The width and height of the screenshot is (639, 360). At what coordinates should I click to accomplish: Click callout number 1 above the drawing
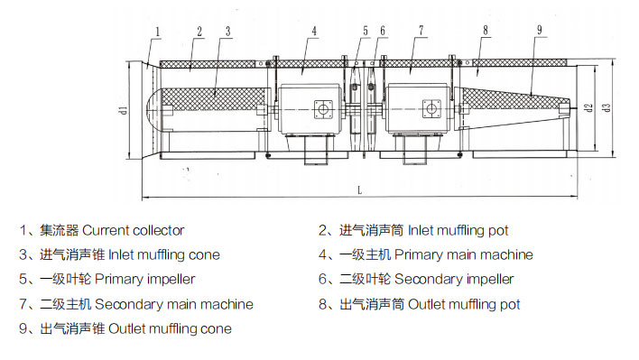(158, 32)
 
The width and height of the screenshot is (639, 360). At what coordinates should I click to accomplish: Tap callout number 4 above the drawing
(314, 31)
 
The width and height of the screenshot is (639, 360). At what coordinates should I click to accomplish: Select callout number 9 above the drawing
(540, 30)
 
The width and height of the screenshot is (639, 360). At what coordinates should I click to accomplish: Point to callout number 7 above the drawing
(421, 30)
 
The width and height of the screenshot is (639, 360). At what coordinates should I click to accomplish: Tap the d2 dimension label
(588, 108)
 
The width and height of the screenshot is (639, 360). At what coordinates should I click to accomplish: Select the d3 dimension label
(607, 108)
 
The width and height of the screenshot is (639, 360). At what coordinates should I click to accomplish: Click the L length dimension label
(359, 190)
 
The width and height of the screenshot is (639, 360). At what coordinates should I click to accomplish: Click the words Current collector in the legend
(134, 230)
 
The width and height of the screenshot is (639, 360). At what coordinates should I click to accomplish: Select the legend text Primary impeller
(145, 280)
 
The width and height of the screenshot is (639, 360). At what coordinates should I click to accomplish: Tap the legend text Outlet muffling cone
(171, 328)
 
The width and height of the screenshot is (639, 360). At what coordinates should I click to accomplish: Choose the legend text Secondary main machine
(174, 304)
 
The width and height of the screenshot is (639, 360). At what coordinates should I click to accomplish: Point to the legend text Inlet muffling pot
(458, 230)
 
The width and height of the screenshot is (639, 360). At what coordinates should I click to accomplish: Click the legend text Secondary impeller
(454, 280)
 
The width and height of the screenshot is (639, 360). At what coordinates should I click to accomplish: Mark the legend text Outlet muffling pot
(464, 304)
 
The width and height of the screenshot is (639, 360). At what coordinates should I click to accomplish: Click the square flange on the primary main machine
(323, 109)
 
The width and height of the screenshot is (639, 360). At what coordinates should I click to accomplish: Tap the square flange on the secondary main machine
(431, 108)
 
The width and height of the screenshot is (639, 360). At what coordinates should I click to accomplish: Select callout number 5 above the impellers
(366, 31)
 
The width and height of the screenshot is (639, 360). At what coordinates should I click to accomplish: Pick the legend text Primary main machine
(464, 255)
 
